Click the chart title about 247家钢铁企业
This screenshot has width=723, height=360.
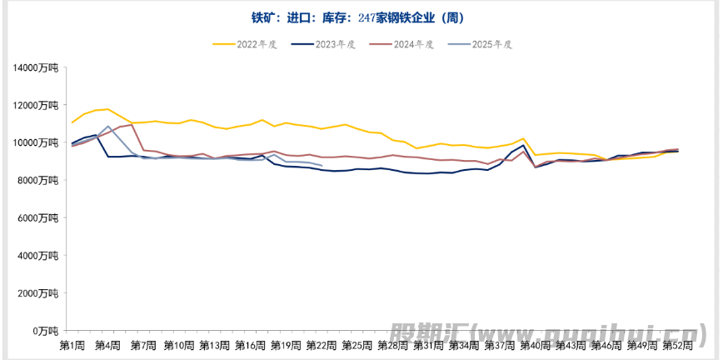pyautogui.click(x=357, y=17)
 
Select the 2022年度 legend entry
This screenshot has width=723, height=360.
pyautogui.click(x=249, y=44)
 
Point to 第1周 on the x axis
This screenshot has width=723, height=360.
pyautogui.click(x=72, y=345)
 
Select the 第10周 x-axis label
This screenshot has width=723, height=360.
pyautogui.click(x=179, y=345)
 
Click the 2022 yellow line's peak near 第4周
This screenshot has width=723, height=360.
pyautogui.click(x=107, y=109)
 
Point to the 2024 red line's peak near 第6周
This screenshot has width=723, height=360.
pyautogui.click(x=132, y=125)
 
